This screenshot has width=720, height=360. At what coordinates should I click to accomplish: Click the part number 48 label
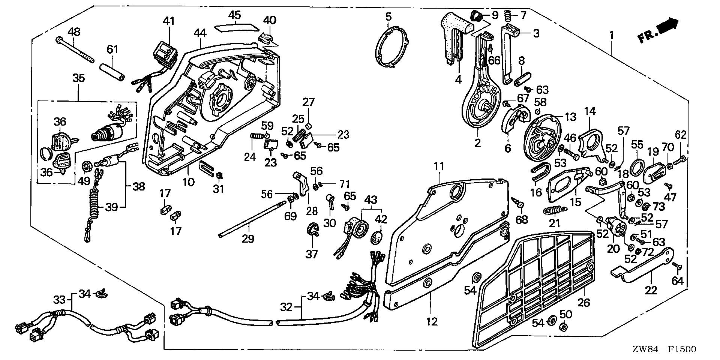(x=74, y=31)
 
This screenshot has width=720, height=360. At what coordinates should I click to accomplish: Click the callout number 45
(x=235, y=15)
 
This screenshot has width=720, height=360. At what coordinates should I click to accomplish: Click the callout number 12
(x=432, y=321)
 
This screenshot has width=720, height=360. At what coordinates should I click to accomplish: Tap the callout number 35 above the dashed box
(x=79, y=78)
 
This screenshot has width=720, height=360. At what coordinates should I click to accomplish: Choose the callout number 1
(x=612, y=36)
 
